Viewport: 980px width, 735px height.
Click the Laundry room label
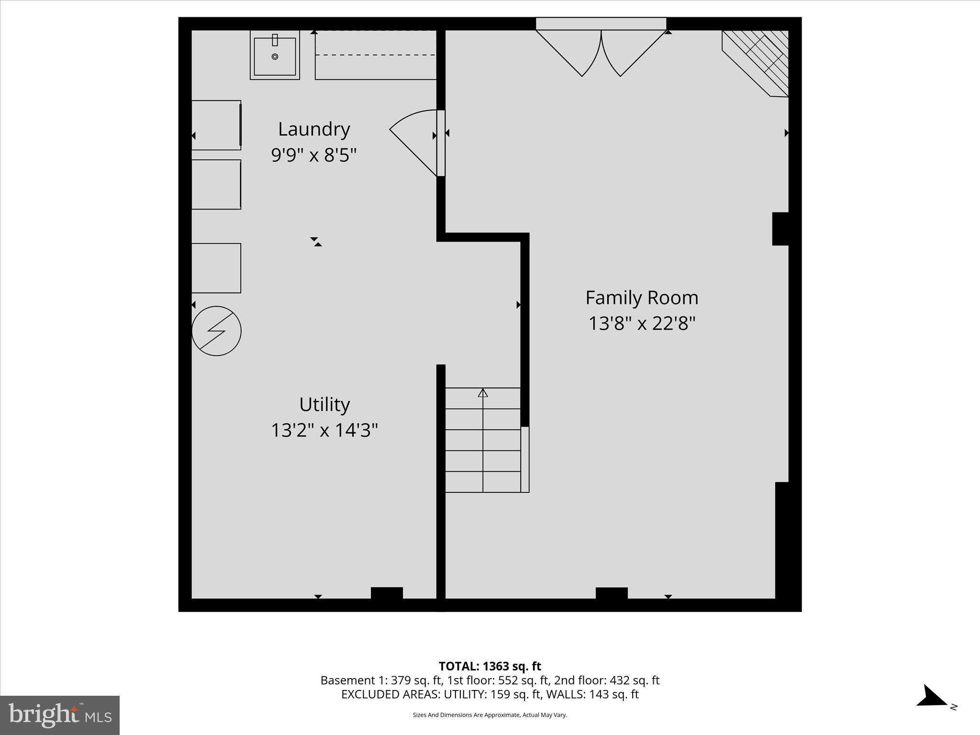click(314, 129)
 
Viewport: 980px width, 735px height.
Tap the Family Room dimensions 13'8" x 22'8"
click(641, 323)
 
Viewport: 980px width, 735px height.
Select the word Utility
click(324, 405)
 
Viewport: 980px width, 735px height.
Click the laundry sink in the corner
click(275, 55)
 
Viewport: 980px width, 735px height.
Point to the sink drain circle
click(275, 56)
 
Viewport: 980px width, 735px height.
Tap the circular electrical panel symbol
click(216, 331)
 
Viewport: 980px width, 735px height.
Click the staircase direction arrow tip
click(483, 392)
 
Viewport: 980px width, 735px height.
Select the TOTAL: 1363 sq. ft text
click(490, 666)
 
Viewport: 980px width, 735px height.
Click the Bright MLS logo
click(60, 715)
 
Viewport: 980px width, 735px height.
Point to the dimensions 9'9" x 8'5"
click(314, 155)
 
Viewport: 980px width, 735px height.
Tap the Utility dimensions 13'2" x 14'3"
click(324, 430)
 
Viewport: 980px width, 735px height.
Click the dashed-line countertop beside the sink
click(376, 55)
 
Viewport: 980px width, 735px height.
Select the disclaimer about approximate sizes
click(490, 715)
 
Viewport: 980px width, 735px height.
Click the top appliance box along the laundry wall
click(216, 125)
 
